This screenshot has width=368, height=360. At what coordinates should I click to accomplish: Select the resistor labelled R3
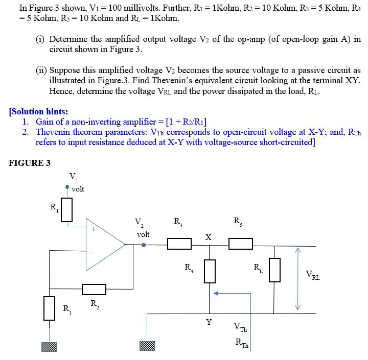179,245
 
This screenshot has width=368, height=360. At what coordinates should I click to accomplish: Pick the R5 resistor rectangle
240,244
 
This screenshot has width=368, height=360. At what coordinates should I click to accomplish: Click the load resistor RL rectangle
274,270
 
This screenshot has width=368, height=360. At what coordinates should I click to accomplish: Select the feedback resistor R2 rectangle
94,290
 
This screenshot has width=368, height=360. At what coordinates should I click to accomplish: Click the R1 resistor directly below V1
67,209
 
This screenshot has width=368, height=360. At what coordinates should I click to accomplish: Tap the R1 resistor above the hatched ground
49,308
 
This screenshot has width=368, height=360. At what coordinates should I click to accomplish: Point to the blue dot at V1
67,187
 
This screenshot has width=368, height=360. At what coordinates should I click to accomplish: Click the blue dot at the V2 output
143,245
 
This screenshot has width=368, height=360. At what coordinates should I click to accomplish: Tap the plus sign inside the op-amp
93,230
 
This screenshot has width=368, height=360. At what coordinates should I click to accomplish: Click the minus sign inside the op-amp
93,252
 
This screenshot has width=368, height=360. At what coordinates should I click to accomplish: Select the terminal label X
208,237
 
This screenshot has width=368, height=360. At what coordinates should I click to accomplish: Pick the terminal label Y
208,322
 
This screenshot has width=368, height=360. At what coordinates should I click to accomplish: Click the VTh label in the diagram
239,327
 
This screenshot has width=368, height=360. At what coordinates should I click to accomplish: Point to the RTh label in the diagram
241,344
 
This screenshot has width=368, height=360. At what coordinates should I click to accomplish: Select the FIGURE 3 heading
30,163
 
